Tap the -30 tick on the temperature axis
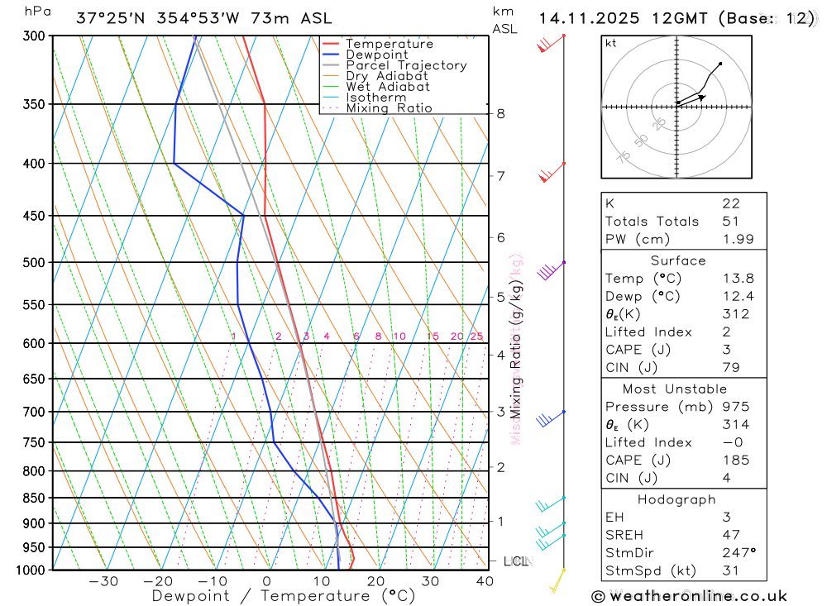point(103,581)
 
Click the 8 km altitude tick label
point(500,113)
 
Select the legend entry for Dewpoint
point(376,55)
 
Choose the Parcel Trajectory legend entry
point(406,65)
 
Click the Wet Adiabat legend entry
point(388,87)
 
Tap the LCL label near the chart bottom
point(516,561)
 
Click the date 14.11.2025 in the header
point(582,18)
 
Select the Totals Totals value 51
point(730,222)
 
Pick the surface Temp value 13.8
point(737,279)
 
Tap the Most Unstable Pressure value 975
point(735,407)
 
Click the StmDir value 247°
point(739,552)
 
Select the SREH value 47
point(730,535)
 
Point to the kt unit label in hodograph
point(611,44)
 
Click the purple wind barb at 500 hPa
point(549,271)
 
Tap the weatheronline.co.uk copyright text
point(689,596)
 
